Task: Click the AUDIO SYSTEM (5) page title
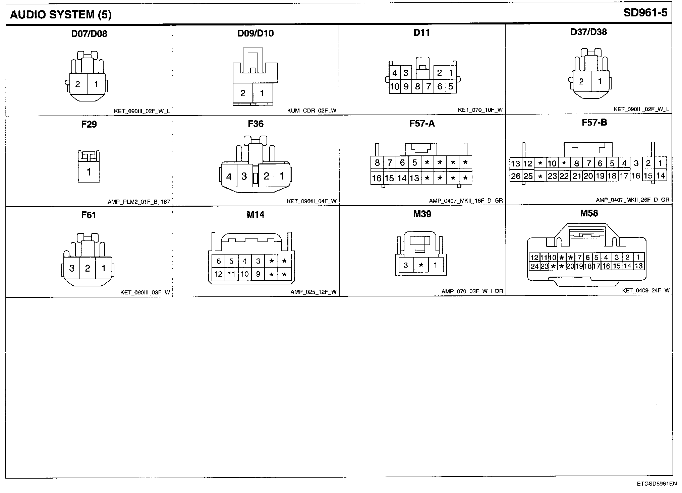(61, 15)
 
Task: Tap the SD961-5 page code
(645, 13)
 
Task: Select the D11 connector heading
(421, 32)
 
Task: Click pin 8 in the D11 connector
(417, 87)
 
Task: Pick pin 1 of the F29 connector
(89, 172)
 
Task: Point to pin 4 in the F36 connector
(229, 177)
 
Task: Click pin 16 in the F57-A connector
(377, 178)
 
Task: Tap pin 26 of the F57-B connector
(515, 176)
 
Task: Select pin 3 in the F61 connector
(71, 268)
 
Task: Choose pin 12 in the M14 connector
(218, 274)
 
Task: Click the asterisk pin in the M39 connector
(421, 265)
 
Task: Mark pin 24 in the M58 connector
(534, 266)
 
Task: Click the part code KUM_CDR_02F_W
(311, 111)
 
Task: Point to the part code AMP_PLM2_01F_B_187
(138, 202)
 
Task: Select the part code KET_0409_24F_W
(645, 290)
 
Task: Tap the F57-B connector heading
(594, 123)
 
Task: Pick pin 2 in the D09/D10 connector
(243, 93)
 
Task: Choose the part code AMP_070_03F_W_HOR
(472, 291)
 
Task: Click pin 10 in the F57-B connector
(552, 163)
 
